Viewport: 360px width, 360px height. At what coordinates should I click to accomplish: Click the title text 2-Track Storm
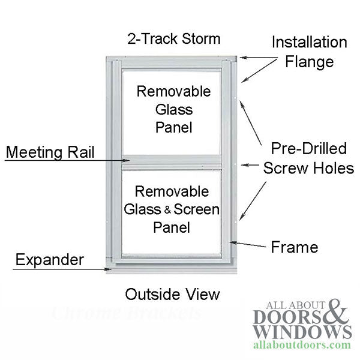173,40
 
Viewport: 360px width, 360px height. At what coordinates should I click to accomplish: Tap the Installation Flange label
309,52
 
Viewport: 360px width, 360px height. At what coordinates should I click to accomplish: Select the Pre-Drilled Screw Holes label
308,158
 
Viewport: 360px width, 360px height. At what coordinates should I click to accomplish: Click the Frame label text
294,246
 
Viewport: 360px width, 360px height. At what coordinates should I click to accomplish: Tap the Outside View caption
173,294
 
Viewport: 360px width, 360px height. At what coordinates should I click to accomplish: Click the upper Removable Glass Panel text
174,109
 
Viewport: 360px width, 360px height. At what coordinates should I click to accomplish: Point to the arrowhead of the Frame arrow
231,242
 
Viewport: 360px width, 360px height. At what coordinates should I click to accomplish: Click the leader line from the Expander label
60,269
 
